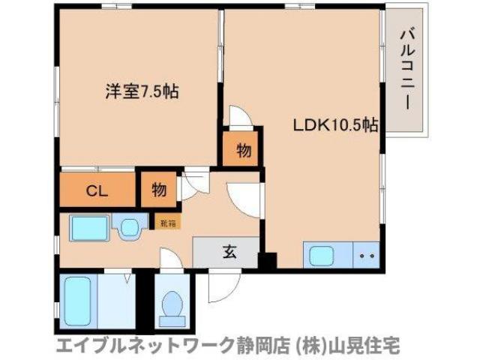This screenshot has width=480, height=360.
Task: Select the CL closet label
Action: pos(96,190)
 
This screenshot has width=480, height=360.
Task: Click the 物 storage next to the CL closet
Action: pos(158,189)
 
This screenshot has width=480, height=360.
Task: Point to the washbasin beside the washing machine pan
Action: pos(130,227)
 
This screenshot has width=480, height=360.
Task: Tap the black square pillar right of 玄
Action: pos(263,260)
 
